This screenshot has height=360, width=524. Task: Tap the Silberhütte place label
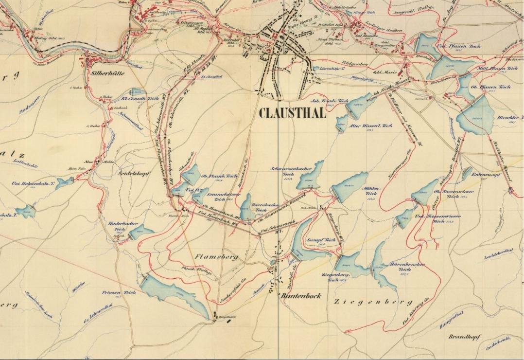[107, 73]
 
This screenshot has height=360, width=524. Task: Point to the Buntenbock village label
[300, 295]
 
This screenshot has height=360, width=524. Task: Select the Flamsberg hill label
[216, 257]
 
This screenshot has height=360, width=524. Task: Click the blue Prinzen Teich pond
[175, 294]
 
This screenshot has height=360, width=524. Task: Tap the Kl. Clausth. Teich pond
[138, 92]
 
